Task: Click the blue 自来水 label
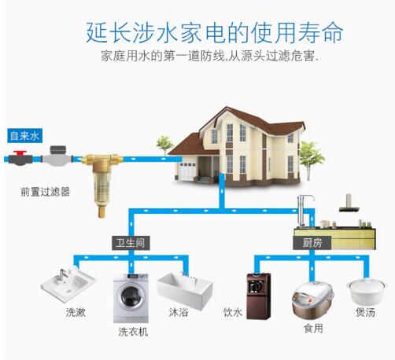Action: click(25, 136)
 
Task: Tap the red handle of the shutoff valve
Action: click(20, 152)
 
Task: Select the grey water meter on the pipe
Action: click(57, 156)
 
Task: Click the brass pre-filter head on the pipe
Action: click(102, 160)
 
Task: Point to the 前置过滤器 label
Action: click(46, 192)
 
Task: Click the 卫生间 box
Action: click(131, 243)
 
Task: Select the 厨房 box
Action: click(312, 243)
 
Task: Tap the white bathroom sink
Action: click(68, 285)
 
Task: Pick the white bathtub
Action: click(185, 289)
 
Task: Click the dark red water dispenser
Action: click(258, 296)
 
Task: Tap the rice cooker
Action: click(312, 300)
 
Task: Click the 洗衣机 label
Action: click(133, 332)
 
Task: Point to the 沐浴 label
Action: click(179, 312)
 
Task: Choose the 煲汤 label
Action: click(365, 312)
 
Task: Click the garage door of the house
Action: click(186, 171)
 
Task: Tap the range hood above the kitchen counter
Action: click(349, 203)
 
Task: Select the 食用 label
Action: click(313, 328)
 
